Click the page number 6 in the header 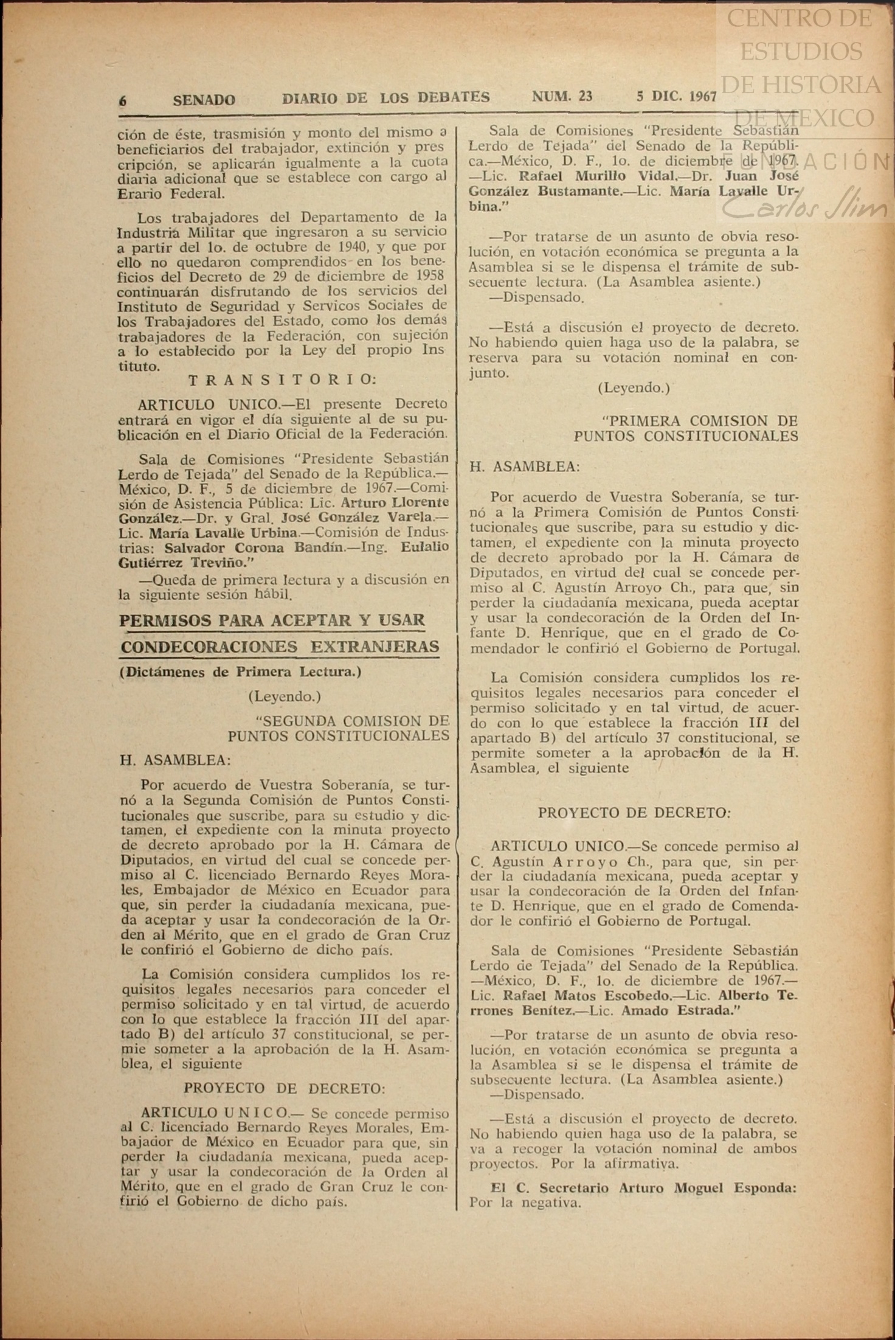point(123,101)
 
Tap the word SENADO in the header point(204,100)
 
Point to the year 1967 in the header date point(703,97)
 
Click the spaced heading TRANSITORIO point(282,380)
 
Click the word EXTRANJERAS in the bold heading point(375,647)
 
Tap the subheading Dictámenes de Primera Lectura point(240,673)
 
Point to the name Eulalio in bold point(424,547)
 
